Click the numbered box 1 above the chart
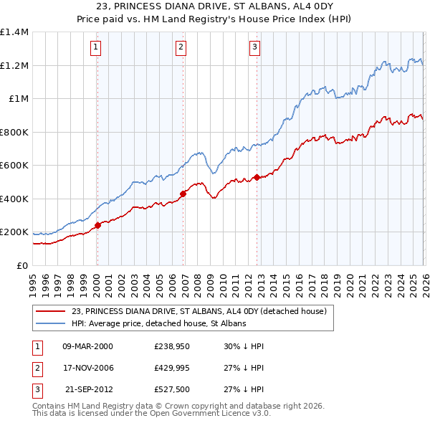click(95, 48)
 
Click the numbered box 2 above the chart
click(181, 48)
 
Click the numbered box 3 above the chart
click(254, 48)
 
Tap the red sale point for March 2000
click(98, 225)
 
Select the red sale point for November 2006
click(183, 193)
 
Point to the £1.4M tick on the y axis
click(14, 32)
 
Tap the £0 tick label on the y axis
click(23, 265)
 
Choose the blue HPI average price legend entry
click(158, 323)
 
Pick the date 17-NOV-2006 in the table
click(88, 368)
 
